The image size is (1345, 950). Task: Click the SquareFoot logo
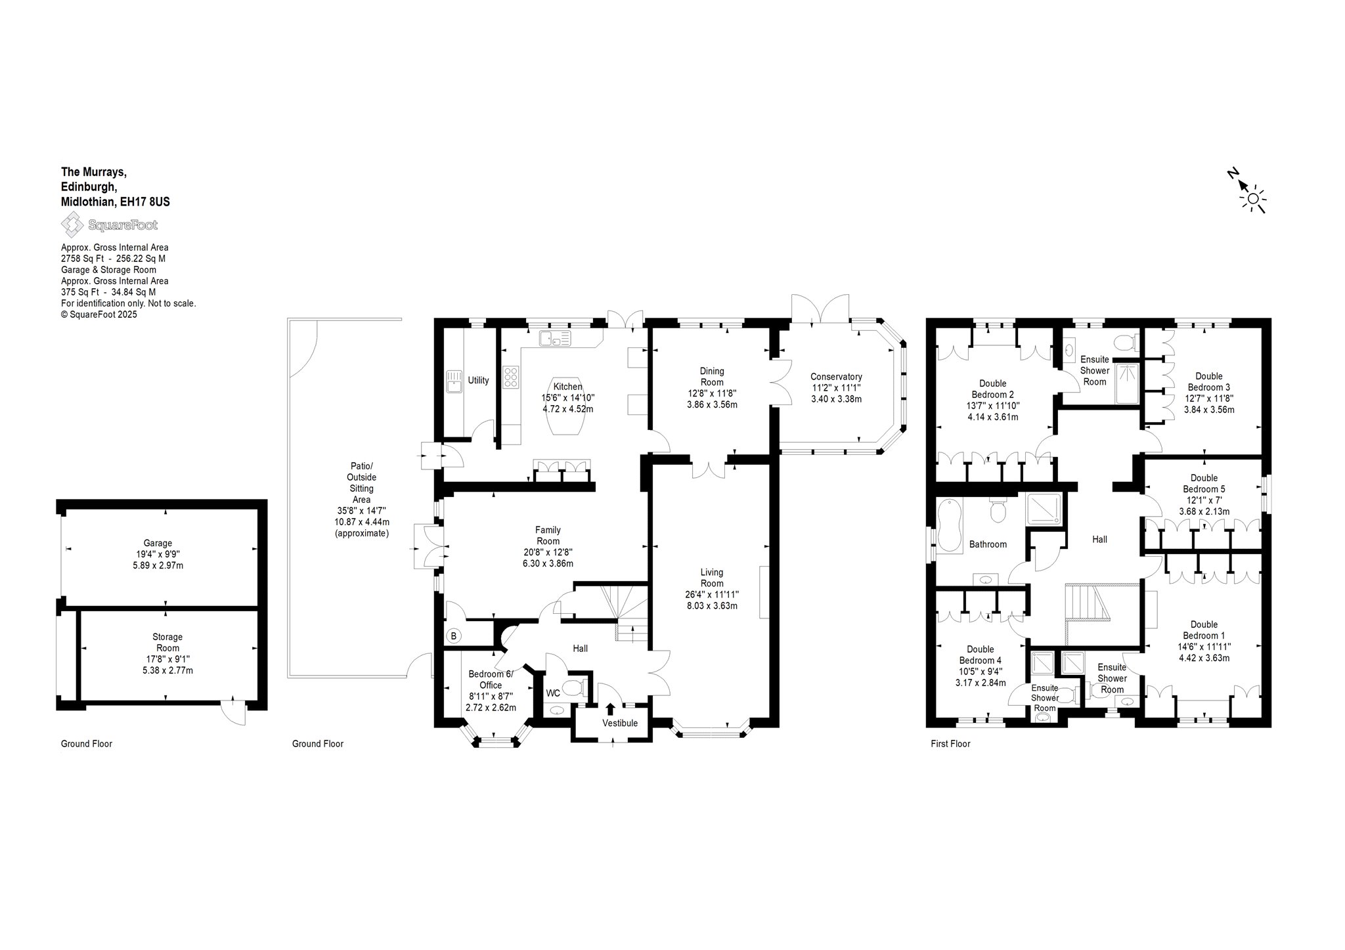109,225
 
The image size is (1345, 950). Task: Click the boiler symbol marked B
453,636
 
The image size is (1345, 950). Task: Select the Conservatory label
836,377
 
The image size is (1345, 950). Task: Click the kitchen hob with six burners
511,378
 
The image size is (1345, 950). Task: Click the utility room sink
454,380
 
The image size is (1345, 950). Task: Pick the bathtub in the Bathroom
949,526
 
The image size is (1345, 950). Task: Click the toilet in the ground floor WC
575,689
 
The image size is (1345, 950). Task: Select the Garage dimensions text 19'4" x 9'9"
158,554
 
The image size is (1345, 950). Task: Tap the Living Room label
712,578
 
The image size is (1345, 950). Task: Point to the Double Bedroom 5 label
1204,483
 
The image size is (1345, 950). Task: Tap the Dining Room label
712,376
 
